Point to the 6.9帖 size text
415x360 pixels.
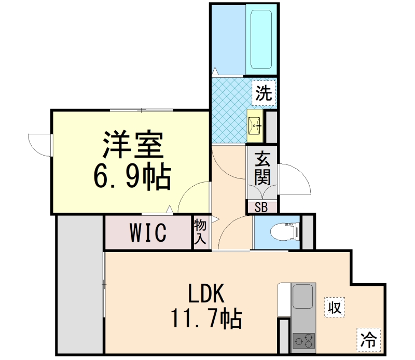click(132, 177)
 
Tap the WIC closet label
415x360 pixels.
click(148, 233)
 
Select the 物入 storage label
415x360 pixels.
click(201, 232)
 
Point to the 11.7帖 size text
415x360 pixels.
click(206, 317)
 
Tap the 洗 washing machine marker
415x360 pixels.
click(264, 93)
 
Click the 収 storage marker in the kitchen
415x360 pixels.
click(334, 307)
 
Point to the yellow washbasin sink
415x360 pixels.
click(254, 124)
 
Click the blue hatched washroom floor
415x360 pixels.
click(228, 112)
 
